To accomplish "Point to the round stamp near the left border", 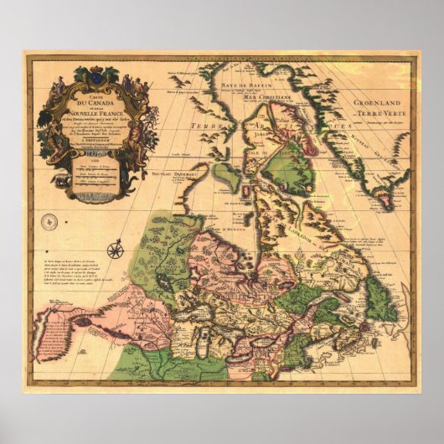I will point(49,224).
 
